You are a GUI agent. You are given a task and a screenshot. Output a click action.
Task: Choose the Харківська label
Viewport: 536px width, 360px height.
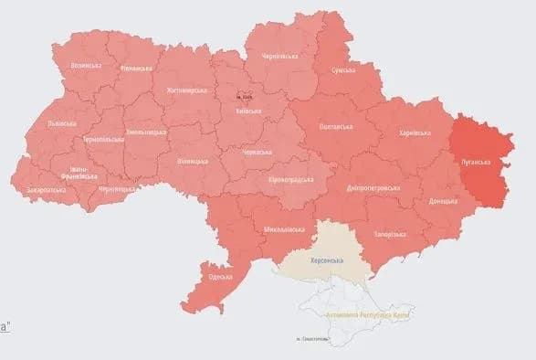tap(416, 133)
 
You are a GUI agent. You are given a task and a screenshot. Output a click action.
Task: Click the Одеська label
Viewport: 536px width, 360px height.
tap(220, 277)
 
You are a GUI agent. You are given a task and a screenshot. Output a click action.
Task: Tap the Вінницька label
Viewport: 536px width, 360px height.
tap(193, 161)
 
